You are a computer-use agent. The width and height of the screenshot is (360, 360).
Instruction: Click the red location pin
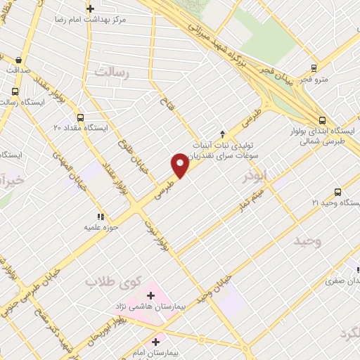(x=181, y=165)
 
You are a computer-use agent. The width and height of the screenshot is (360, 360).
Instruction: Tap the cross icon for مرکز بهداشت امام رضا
(x=90, y=8)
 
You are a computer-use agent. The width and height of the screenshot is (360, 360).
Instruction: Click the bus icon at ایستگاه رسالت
(x=15, y=91)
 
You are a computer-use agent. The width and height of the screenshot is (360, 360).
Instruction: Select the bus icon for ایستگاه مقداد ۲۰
(x=80, y=117)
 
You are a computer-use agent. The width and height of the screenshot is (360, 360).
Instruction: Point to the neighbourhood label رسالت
(x=113, y=72)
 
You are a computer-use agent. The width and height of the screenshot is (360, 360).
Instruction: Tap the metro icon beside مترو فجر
(x=314, y=68)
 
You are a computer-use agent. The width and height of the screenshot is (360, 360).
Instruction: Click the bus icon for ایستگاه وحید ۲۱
(x=338, y=192)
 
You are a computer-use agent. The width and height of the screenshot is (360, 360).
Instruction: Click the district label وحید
(x=307, y=242)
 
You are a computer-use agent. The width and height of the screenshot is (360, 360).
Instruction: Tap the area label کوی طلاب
(x=110, y=281)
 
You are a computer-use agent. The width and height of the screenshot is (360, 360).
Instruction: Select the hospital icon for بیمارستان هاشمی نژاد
(x=150, y=295)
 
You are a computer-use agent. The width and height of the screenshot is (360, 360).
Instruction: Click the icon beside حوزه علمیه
(x=101, y=217)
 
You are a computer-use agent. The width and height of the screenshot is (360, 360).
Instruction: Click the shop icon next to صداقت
(x=17, y=60)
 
